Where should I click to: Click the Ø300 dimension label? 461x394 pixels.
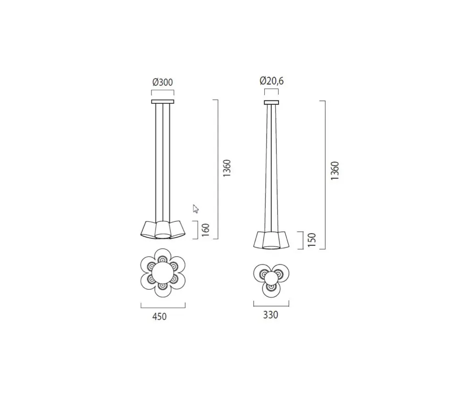click(x=163, y=82)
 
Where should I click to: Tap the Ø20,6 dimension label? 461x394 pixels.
click(x=272, y=80)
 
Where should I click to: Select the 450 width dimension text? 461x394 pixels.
click(x=159, y=316)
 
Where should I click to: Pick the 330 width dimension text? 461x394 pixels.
click(x=270, y=315)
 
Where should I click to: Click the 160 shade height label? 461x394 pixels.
click(x=206, y=230)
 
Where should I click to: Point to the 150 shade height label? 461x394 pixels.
click(x=311, y=240)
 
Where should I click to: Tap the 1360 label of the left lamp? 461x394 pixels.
click(x=227, y=168)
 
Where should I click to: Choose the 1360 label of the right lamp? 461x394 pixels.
click(x=335, y=171)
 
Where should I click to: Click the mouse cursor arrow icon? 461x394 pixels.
click(x=196, y=208)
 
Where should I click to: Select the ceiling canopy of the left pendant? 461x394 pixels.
click(x=163, y=101)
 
